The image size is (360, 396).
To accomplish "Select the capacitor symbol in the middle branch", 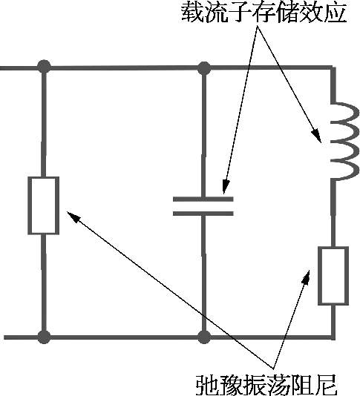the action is [x=203, y=206].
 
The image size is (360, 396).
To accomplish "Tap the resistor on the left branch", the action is [x=44, y=205].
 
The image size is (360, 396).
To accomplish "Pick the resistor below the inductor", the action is [x=333, y=276].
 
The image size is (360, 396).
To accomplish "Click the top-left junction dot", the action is [x=44, y=67].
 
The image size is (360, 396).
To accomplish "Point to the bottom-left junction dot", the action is [x=44, y=337].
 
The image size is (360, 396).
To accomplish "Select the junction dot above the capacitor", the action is [x=204, y=68].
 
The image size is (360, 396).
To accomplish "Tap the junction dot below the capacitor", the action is [x=204, y=337].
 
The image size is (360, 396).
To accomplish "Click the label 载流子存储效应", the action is [x=264, y=13].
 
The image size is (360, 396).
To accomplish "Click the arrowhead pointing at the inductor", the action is [x=317, y=136].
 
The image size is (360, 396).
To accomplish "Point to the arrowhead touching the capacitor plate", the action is [x=226, y=186].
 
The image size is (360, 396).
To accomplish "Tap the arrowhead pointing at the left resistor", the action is [x=73, y=217].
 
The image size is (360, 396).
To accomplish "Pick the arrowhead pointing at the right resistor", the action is [x=306, y=277].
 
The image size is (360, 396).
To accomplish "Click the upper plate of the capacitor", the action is [x=203, y=199].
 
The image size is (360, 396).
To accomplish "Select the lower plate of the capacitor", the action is [x=203, y=214].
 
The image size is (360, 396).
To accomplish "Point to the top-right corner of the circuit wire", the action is [x=333, y=68].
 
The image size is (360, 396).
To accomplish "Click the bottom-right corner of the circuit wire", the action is [x=333, y=337].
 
